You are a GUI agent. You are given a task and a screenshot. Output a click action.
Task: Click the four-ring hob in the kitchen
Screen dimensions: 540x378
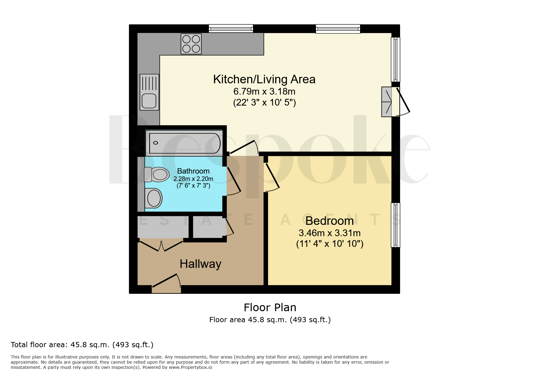point(191,44)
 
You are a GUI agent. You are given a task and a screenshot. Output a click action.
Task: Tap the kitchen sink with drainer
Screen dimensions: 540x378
point(149,92)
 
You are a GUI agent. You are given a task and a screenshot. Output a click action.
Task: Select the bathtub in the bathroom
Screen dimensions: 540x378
point(185,143)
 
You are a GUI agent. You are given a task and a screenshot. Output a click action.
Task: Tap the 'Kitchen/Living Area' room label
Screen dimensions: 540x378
point(264,79)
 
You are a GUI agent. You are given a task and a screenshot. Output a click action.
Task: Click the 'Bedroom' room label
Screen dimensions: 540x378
point(330,221)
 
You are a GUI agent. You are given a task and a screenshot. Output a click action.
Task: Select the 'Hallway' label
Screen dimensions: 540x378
point(200,264)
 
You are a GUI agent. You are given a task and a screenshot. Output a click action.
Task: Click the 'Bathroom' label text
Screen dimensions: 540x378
point(193,171)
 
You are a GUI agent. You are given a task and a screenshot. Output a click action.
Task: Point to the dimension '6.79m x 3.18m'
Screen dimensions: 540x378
point(264,91)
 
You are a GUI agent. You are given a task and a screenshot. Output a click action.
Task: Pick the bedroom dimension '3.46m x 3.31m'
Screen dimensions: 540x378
point(330,233)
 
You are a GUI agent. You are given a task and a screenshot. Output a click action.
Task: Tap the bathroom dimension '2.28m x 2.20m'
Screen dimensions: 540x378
point(193,179)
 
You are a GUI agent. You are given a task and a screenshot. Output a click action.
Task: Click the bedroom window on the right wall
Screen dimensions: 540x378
point(395,225)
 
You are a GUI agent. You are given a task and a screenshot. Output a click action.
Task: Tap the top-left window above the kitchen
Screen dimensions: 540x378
point(231,29)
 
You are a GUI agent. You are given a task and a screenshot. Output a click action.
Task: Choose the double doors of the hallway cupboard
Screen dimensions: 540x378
point(161,246)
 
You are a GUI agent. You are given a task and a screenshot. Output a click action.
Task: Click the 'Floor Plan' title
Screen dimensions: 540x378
point(270,308)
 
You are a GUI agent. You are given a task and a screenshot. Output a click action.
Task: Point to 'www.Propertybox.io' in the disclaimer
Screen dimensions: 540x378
point(191,367)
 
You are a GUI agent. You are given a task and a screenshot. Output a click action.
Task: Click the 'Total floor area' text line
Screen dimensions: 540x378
point(82,345)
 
